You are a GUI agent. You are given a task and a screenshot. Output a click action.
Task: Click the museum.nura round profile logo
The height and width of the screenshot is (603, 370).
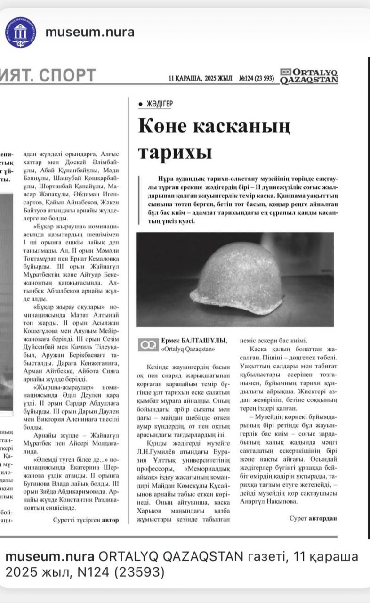[20, 32]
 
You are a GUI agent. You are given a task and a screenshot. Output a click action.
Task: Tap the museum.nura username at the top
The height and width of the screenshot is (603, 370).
[89, 32]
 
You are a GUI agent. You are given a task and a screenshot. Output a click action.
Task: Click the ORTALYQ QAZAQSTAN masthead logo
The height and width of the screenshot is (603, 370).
[309, 76]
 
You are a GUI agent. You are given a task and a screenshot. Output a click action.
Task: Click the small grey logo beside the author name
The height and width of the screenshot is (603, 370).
[148, 345]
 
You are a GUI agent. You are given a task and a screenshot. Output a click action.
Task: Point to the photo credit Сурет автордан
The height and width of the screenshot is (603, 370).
[314, 518]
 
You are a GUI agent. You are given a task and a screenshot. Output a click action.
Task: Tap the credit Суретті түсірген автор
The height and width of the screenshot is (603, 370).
[86, 520]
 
